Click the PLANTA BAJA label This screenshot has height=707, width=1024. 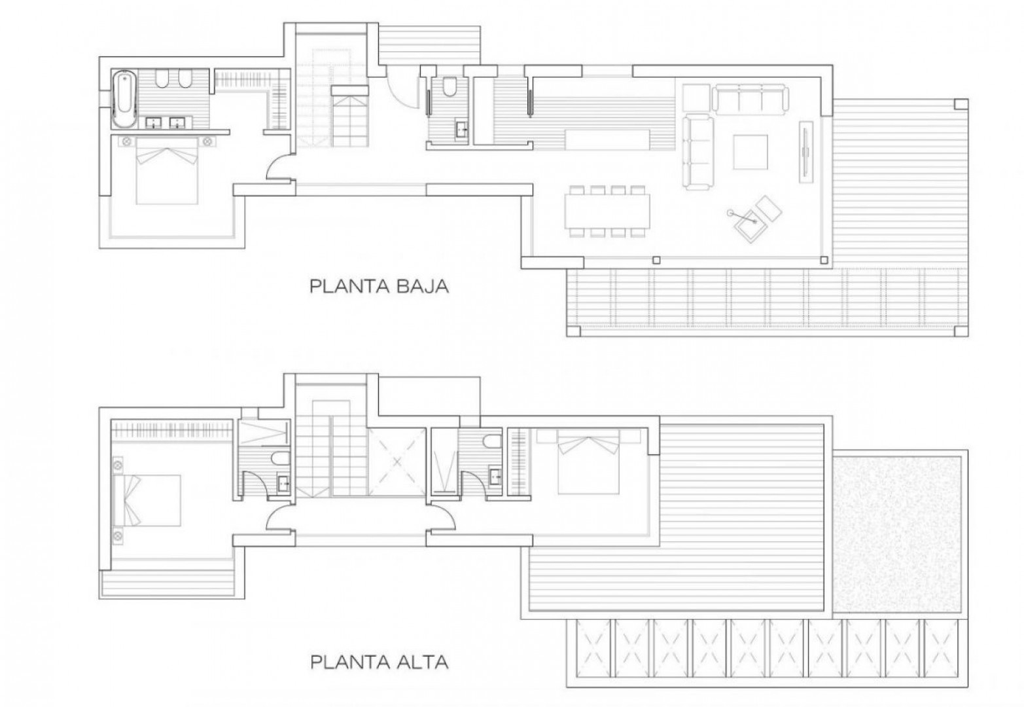(379, 286)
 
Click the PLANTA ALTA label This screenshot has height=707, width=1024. (379, 662)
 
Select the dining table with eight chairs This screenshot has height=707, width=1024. (608, 211)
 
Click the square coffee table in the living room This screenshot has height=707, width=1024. (750, 153)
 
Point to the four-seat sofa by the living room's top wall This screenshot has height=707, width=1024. (752, 99)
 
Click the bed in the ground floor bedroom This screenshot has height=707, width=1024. (168, 170)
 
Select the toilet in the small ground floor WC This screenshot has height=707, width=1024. (450, 87)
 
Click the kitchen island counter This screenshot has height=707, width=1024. (608, 139)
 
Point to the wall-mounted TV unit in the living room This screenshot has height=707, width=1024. (805, 152)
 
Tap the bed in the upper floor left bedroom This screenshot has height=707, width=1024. (147, 500)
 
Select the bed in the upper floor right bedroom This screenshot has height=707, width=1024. (588, 462)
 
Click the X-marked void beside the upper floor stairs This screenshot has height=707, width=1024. (397, 462)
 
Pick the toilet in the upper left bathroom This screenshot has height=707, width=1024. (280, 459)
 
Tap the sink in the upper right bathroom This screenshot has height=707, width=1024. (496, 476)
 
